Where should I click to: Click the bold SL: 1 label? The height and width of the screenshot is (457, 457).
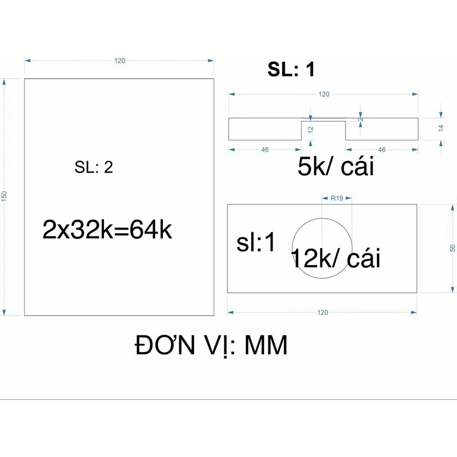(x=291, y=69)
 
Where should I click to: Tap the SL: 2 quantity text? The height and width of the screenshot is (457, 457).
(x=94, y=167)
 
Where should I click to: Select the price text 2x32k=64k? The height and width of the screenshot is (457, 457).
(x=107, y=230)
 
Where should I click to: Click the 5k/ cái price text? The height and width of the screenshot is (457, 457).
(x=335, y=166)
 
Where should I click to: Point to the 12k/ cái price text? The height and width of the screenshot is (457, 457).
(x=335, y=258)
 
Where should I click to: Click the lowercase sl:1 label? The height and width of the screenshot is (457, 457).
(x=255, y=242)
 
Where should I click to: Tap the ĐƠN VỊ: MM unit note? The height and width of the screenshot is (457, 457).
(x=211, y=346)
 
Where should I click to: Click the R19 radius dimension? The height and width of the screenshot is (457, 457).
(x=336, y=198)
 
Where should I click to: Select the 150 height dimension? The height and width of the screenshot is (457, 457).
(x=4, y=195)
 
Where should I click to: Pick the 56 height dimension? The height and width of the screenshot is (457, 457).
(x=452, y=248)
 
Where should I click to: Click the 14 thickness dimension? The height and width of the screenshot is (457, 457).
(x=441, y=127)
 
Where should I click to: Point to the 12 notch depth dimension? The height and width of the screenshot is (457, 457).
(x=311, y=130)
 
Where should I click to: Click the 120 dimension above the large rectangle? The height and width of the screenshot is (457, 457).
(x=119, y=61)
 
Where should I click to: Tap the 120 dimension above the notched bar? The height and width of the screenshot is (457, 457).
(x=324, y=94)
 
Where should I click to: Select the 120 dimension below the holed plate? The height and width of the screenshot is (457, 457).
(x=323, y=312)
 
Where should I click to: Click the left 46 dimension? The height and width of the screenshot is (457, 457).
(x=264, y=150)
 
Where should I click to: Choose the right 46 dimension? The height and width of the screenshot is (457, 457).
(x=382, y=150)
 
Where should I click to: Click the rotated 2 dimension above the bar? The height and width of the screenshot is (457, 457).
(x=361, y=119)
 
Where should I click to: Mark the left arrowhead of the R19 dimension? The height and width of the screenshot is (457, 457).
(x=324, y=198)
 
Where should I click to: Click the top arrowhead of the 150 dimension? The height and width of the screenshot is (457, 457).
(x=4, y=82)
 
